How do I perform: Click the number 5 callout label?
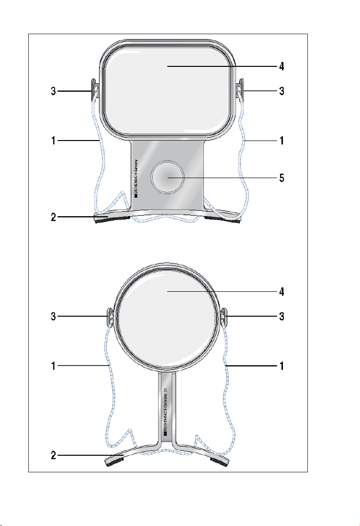[282, 178]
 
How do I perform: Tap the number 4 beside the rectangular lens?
[282, 66]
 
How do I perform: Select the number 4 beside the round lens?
[282, 292]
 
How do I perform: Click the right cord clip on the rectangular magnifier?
[240, 89]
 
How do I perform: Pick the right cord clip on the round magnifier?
[224, 317]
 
